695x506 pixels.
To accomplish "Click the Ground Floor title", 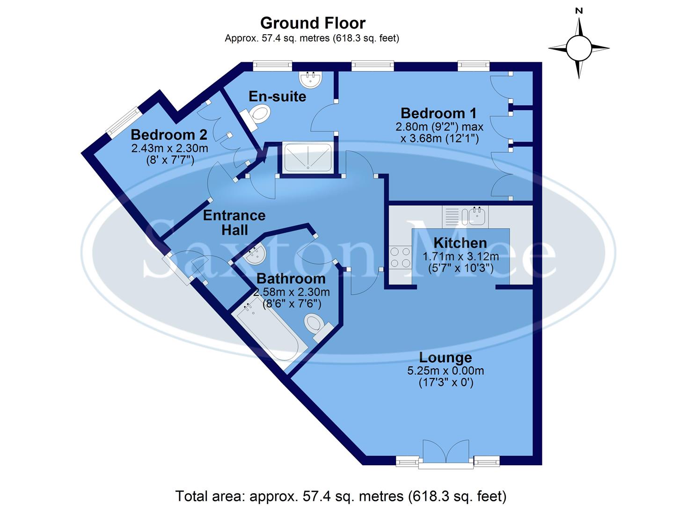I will [x=313, y=23].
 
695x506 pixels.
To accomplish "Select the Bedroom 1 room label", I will [x=439, y=113].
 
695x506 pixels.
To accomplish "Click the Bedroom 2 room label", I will [x=168, y=135].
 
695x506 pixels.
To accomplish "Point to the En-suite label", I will [x=277, y=97].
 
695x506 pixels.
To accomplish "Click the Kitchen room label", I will [x=460, y=243].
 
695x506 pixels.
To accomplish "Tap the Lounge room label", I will [x=445, y=357].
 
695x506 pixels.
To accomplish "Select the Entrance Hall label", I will [x=234, y=223].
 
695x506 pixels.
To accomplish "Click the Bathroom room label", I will [x=291, y=278].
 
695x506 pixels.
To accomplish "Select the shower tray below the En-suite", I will [x=308, y=156].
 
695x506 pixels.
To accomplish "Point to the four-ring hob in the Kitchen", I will [x=400, y=258].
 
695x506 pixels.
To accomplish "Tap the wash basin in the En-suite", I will [x=311, y=80].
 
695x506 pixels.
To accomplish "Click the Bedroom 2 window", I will [x=123, y=122].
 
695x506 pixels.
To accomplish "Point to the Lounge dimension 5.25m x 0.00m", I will [x=445, y=371].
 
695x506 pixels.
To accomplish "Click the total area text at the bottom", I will [x=341, y=495].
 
